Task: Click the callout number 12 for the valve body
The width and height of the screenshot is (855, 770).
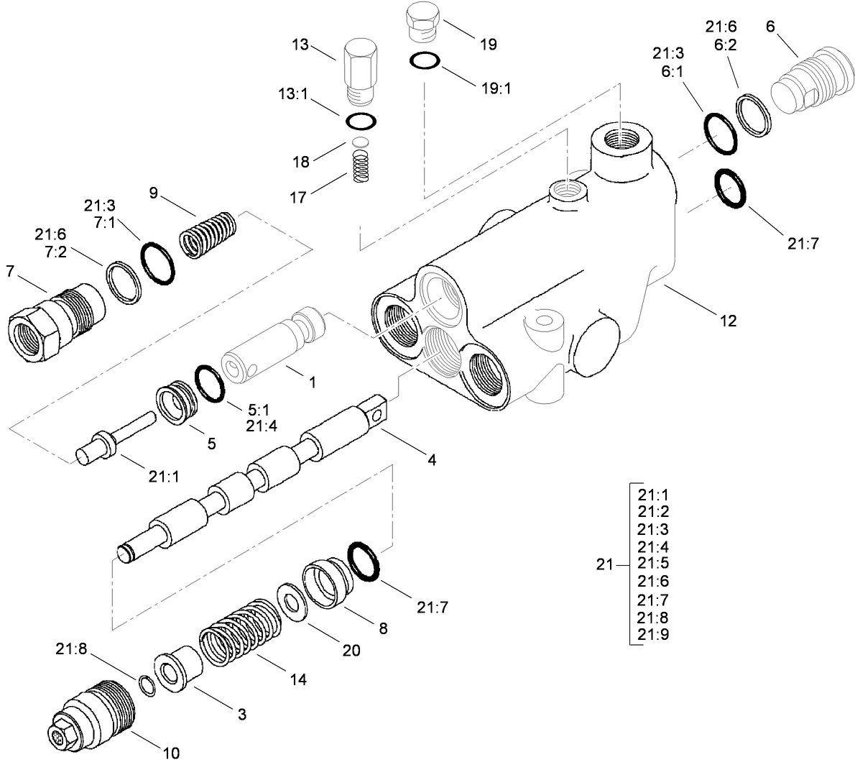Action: (x=728, y=321)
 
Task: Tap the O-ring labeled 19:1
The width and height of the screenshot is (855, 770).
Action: (x=425, y=61)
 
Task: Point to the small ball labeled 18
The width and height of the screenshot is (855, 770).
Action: (x=360, y=142)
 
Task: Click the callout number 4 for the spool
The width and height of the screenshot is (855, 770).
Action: (x=431, y=459)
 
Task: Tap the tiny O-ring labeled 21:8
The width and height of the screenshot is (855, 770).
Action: (x=146, y=686)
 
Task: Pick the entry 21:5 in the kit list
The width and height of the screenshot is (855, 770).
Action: (x=653, y=564)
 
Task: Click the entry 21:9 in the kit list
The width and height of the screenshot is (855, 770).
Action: (x=653, y=634)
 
